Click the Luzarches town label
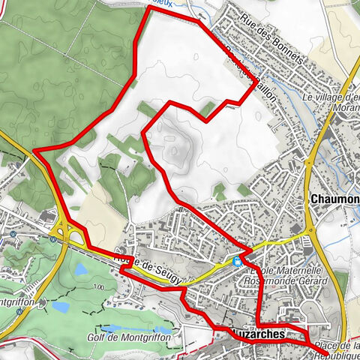(x=260, y=332)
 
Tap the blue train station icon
(x=237, y=261)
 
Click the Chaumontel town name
(x=334, y=199)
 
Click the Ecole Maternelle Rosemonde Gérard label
(x=289, y=275)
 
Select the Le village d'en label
(x=330, y=97)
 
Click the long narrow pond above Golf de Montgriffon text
(x=127, y=328)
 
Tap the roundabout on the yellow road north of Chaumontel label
(x=308, y=160)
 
